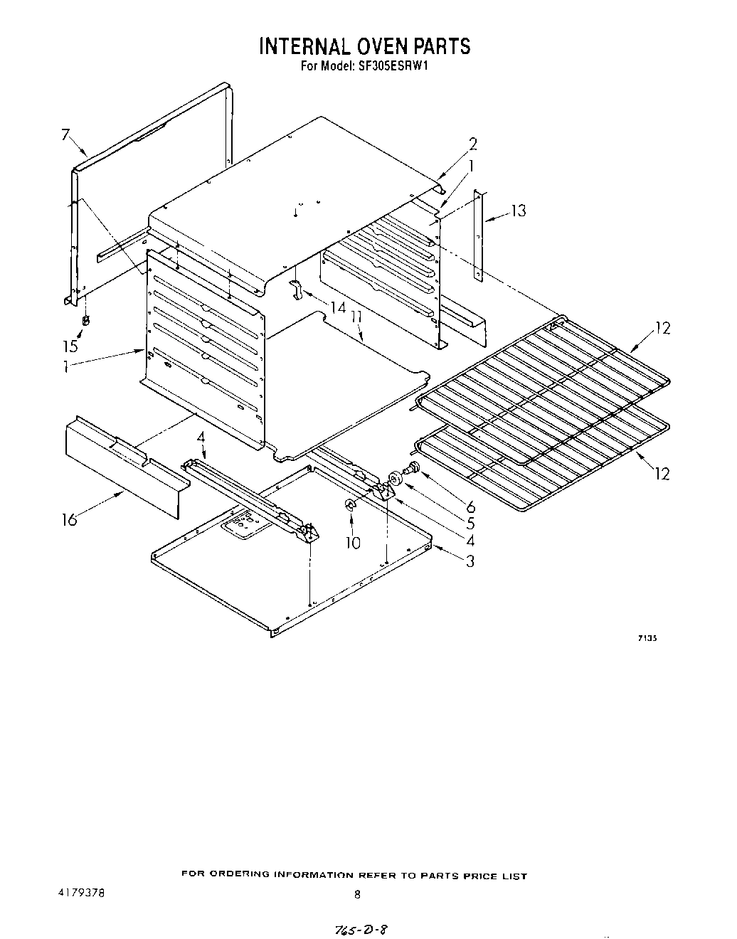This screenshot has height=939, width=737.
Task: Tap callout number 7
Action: pos(65,134)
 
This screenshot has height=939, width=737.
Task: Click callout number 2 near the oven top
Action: pos(472,144)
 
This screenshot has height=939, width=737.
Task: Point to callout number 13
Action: pos(519,211)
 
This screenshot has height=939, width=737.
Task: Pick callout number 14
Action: pos(337,307)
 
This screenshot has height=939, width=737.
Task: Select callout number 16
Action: pos(68,519)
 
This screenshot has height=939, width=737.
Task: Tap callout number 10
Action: pos(353,543)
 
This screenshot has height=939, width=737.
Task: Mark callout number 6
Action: pos(470,506)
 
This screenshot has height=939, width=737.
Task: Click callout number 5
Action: pos(470,524)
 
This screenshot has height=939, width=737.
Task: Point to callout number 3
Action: pos(470,561)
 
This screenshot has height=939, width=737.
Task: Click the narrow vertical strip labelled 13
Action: pos(480,235)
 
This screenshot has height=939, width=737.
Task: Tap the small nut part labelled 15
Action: pos(86,320)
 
